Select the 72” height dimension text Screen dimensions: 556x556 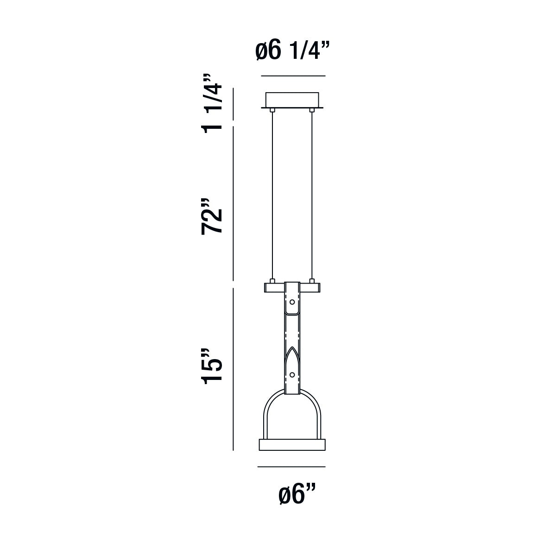pos(211,216)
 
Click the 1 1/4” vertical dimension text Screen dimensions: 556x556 pos(211,104)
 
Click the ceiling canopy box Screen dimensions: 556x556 pos(292,100)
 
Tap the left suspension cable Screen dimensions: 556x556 pos(272,196)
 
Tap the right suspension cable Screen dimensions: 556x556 pos(312,196)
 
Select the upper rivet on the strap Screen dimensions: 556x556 pos(292,302)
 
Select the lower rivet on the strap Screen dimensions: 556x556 pos(292,375)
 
